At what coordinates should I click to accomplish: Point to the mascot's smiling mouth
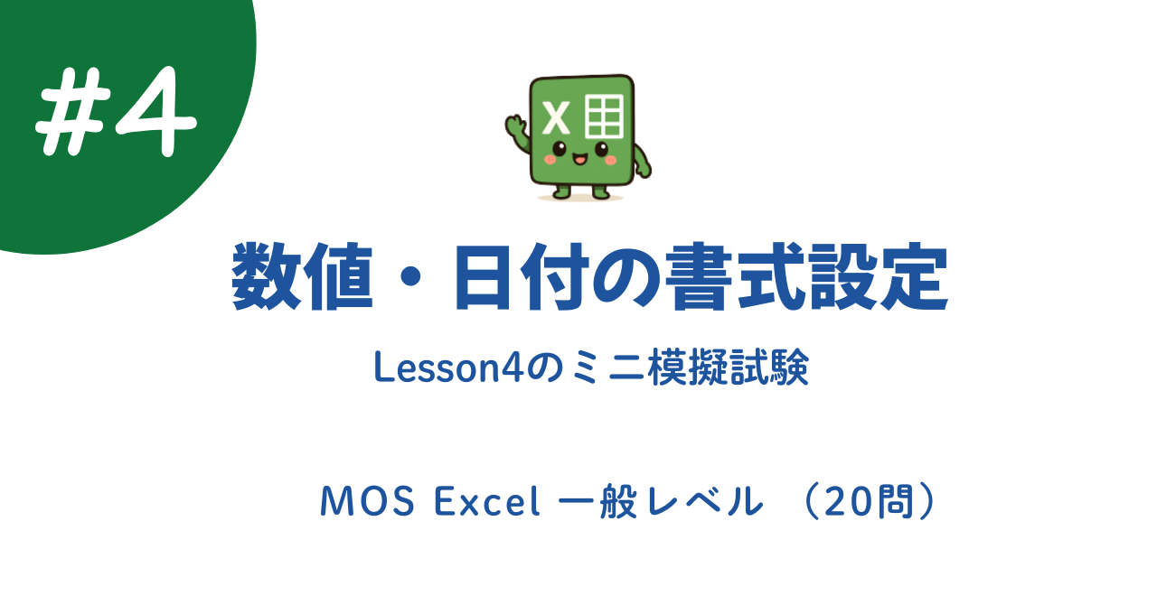point(579,160)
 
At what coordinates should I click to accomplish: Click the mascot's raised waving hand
point(515,124)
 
